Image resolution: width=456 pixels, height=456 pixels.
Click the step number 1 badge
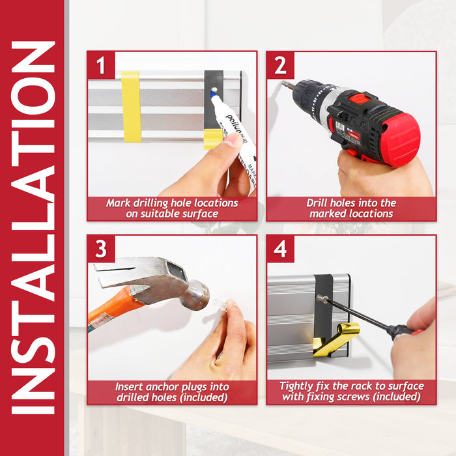click(x=101, y=65)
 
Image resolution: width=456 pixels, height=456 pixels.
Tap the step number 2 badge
click(x=280, y=65)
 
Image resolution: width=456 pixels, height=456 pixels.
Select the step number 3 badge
click(x=101, y=249)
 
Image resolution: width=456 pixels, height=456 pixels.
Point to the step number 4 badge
click(x=280, y=249)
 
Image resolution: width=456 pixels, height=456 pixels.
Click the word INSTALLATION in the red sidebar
click(x=33, y=228)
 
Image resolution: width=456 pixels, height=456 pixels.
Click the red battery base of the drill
click(x=401, y=140)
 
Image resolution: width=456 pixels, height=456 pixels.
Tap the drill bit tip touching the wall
click(x=283, y=83)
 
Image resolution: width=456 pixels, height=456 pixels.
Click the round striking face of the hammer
click(x=201, y=296)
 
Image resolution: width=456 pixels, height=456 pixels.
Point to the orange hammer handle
click(x=113, y=307)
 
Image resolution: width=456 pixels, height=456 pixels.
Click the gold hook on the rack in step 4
click(x=337, y=339)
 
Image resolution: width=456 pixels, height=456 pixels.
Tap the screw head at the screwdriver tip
click(x=321, y=298)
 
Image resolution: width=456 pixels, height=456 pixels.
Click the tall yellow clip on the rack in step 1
click(x=131, y=107)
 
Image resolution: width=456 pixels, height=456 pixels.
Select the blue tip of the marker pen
click(x=212, y=94)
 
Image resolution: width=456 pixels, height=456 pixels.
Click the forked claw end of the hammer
click(x=112, y=274)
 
